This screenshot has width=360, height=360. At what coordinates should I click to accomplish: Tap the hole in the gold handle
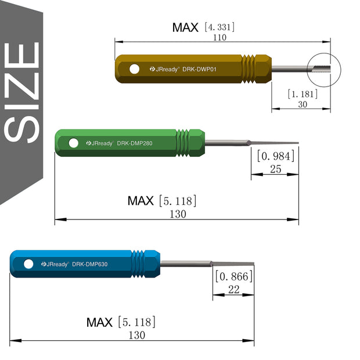tap(134, 69)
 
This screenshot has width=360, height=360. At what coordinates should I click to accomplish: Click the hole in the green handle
tap(74, 143)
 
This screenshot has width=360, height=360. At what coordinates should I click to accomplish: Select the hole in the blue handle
tap(28, 264)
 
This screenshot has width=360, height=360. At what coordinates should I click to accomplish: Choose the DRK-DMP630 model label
tap(90, 264)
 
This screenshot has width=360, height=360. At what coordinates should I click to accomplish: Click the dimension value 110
tap(219, 37)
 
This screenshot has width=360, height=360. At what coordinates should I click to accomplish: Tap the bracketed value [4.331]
tap(219, 27)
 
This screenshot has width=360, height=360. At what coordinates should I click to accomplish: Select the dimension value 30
tap(303, 105)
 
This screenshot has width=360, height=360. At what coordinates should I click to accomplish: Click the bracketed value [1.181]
tap(303, 93)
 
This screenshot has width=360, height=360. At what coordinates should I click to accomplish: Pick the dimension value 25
tap(276, 169)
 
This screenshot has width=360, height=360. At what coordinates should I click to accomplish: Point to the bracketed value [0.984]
tap(276, 156)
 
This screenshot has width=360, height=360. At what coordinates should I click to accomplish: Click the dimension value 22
tap(234, 290)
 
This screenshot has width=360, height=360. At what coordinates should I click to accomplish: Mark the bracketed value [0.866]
tap(234, 276)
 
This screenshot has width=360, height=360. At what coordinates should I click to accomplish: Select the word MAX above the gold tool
tap(185, 27)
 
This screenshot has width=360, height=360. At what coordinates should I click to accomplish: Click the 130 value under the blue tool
tap(136, 335)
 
